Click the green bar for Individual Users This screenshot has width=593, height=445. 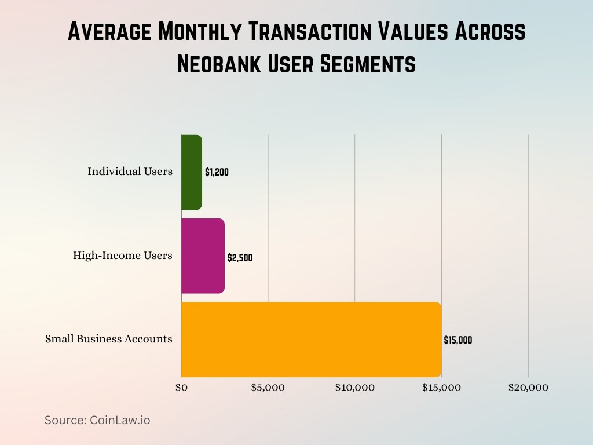(192, 172)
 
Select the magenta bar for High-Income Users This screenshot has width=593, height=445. (203, 256)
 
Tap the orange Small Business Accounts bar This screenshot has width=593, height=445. (311, 340)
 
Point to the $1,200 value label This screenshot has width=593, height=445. (217, 172)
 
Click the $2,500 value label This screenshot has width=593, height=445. (240, 258)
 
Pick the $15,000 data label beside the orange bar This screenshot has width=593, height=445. (457, 341)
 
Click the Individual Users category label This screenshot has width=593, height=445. (130, 172)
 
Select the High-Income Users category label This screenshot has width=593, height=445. (122, 256)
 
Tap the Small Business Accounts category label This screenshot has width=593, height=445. (108, 339)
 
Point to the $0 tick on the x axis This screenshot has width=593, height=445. (181, 388)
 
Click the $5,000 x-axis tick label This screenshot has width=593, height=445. (268, 388)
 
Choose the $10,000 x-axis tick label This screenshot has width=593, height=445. (354, 388)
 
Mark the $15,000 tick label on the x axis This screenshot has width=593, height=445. (441, 388)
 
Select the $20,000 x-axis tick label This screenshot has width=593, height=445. (528, 388)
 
